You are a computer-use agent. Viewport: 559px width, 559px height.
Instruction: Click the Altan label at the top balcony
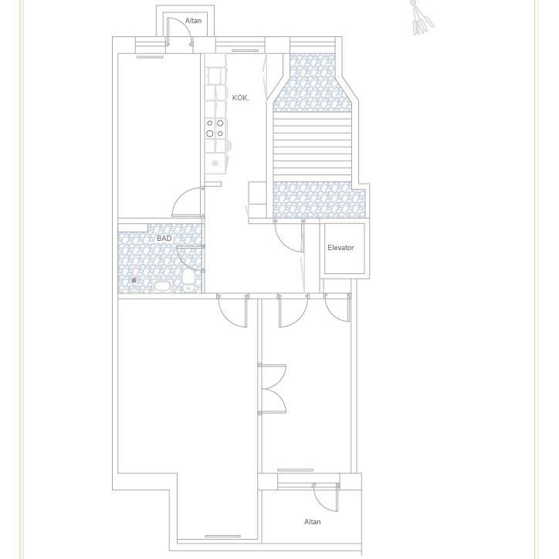pyautogui.click(x=193, y=21)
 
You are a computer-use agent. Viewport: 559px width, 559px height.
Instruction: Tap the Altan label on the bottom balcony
pyautogui.click(x=312, y=522)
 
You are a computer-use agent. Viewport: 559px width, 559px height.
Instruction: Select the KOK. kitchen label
pyautogui.click(x=241, y=98)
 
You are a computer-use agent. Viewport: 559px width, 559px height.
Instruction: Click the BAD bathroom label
pyautogui.click(x=164, y=239)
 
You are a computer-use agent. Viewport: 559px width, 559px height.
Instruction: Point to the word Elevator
pyautogui.click(x=340, y=248)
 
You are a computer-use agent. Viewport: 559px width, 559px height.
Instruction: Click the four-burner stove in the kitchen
pyautogui.click(x=215, y=128)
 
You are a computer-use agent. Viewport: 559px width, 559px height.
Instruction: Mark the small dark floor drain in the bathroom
pyautogui.click(x=134, y=280)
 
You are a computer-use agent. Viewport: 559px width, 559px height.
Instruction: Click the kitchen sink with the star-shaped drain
pyautogui.click(x=215, y=163)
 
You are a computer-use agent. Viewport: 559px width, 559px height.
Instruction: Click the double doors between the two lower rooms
pyautogui.click(x=273, y=389)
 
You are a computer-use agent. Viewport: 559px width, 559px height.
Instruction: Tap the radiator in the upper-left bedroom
pyautogui.click(x=150, y=57)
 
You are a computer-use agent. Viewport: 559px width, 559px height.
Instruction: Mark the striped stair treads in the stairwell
pyautogui.click(x=313, y=147)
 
